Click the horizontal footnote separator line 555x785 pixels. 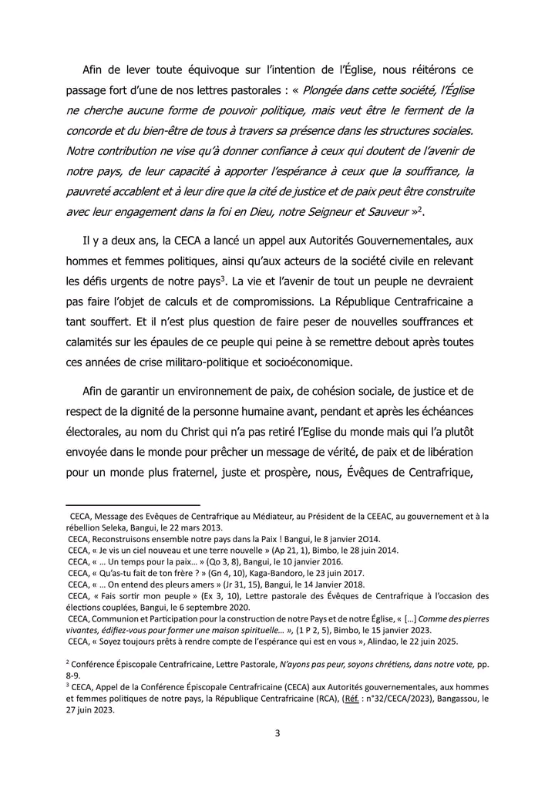(x=132, y=501)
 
